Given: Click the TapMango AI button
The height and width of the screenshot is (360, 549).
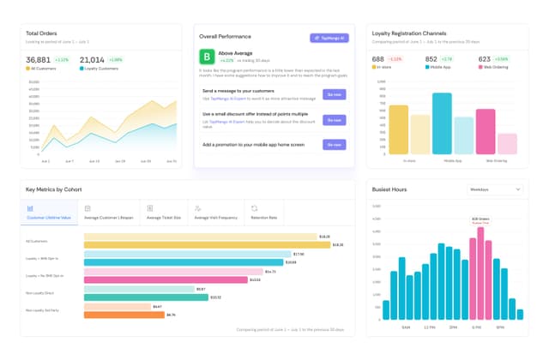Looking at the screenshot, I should pyautogui.click(x=329, y=38).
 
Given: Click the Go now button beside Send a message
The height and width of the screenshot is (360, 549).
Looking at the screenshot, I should pyautogui.click(x=335, y=94).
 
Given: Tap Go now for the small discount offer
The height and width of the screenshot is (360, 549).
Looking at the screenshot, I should pyautogui.click(x=335, y=120).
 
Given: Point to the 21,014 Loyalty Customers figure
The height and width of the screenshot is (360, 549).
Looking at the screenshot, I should pyautogui.click(x=93, y=59).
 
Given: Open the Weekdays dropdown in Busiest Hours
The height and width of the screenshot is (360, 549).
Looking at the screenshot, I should pyautogui.click(x=494, y=189).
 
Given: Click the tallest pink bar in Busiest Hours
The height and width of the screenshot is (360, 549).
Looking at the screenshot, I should pyautogui.click(x=481, y=274).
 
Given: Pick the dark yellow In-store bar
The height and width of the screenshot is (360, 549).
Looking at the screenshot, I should pyautogui.click(x=399, y=129).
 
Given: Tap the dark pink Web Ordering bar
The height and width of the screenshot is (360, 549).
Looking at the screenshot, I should pyautogui.click(x=486, y=131).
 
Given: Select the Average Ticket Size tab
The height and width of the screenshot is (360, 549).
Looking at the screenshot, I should pyautogui.click(x=162, y=213).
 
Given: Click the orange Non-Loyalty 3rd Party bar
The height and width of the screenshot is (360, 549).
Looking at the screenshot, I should pyautogui.click(x=124, y=315).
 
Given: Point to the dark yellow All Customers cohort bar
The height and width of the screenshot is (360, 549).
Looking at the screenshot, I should pyautogui.click(x=207, y=244).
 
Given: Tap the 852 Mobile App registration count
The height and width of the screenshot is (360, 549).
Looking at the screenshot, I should pyautogui.click(x=432, y=59).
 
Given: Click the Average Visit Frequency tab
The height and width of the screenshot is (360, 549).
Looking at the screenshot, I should pyautogui.click(x=214, y=213).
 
